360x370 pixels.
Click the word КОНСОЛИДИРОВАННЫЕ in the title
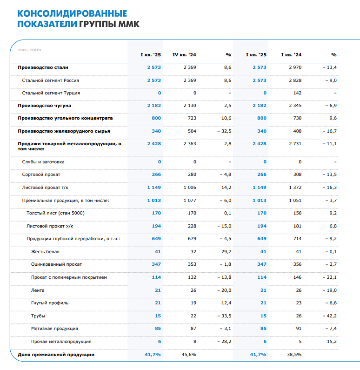point(72,13)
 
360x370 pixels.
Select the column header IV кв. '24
point(185,55)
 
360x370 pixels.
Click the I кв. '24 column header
point(291,55)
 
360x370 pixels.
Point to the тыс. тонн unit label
point(29,49)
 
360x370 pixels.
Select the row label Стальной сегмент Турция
point(51,93)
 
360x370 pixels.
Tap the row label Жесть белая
point(45,252)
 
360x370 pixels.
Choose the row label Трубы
point(38,316)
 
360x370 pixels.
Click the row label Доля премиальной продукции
point(56,355)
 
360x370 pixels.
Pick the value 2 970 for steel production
point(295,67)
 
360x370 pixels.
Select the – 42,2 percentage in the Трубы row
point(329,316)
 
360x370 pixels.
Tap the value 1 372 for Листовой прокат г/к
point(295,187)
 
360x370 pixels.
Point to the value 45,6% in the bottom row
point(188,355)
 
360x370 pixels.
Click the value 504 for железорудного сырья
point(191,131)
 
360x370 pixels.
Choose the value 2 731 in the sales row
point(295,144)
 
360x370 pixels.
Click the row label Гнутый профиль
point(50,303)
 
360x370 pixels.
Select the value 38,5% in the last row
point(294,355)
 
